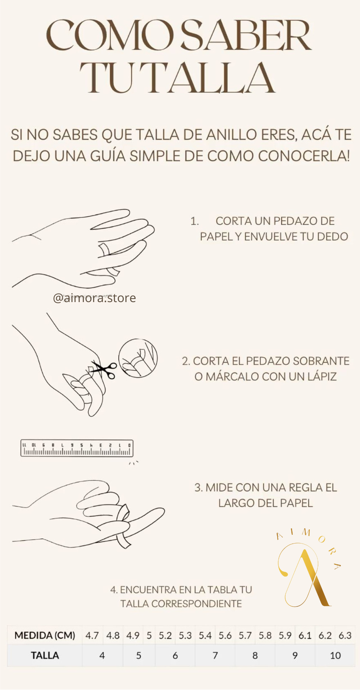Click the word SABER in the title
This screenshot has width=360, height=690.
pyautogui.click(x=246, y=35)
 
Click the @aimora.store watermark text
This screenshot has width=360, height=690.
pyautogui.click(x=94, y=298)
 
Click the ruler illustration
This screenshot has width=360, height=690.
pyautogui.click(x=77, y=449)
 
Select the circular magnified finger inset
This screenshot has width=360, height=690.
pyautogui.click(x=138, y=358)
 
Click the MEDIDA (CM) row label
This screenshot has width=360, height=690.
pyautogui.click(x=45, y=636)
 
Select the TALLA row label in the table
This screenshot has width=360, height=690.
pyautogui.click(x=45, y=655)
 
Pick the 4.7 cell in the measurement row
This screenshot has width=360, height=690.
pyautogui.click(x=92, y=636)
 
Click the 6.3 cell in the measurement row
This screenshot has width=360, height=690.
pyautogui.click(x=345, y=636)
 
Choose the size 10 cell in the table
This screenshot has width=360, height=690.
pyautogui.click(x=335, y=655)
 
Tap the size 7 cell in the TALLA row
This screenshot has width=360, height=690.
pyautogui.click(x=215, y=655)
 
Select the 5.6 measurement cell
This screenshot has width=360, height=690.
pyautogui.click(x=225, y=636)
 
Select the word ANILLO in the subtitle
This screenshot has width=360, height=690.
pyautogui.click(x=232, y=135)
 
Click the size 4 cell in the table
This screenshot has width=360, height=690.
pyautogui.click(x=102, y=655)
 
